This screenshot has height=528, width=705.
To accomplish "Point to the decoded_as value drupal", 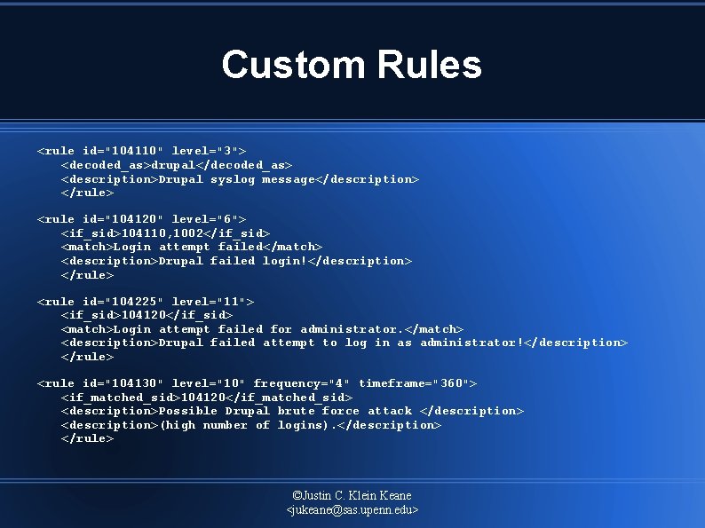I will (174, 165).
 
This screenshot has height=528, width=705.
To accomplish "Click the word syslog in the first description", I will (233, 179).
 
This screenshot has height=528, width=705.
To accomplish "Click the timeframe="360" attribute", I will (417, 383).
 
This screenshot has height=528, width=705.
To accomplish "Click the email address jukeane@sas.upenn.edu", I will (352, 510).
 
